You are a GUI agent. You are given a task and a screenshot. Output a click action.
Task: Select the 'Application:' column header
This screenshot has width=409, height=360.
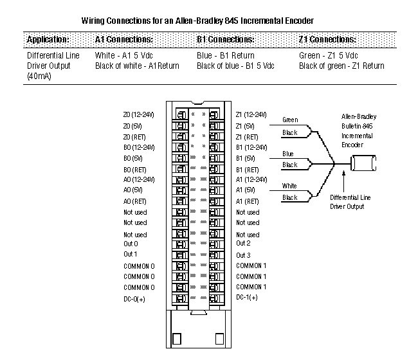click(48, 40)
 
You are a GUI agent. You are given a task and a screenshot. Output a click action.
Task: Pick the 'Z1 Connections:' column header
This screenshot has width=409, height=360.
click(328, 40)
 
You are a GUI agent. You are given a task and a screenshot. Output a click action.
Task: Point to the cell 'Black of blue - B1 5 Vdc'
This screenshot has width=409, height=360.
click(235, 66)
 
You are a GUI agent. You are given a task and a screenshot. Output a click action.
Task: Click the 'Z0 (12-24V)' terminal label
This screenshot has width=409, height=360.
click(139, 114)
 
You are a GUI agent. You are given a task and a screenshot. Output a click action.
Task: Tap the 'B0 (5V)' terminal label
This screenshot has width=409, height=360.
click(132, 157)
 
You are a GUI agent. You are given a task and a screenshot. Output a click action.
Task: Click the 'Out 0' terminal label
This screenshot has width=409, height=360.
click(131, 244)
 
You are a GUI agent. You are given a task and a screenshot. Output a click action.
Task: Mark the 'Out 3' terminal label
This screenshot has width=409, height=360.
click(243, 255)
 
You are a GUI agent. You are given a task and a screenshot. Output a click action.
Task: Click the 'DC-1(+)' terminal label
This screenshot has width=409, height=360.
click(247, 298)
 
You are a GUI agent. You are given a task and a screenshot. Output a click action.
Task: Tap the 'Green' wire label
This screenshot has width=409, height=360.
click(290, 120)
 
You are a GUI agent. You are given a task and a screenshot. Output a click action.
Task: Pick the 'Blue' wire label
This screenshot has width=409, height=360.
click(288, 154)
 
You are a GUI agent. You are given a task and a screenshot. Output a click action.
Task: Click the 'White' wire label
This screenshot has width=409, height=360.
click(289, 186)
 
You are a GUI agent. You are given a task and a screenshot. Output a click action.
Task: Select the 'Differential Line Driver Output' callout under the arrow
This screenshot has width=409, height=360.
click(347, 202)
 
